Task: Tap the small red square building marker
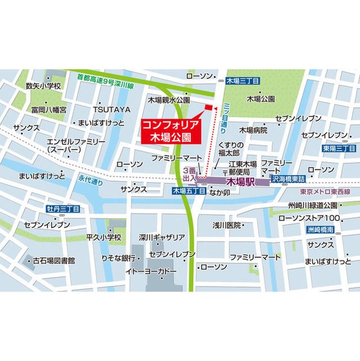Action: click(208, 107)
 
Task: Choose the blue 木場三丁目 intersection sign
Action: click(242, 82)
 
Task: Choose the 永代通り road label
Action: click(87, 182)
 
